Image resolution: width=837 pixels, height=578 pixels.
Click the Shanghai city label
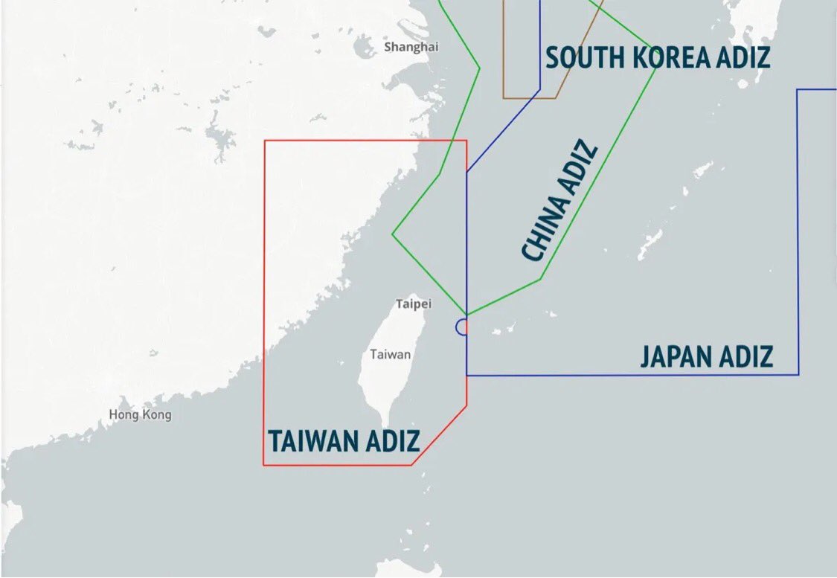[411, 47]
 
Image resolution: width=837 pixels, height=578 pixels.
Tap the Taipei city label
[413, 304]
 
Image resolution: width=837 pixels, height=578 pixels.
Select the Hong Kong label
[140, 414]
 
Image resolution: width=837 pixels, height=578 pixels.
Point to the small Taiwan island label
[391, 354]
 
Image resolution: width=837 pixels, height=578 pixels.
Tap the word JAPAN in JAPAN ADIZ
[676, 356]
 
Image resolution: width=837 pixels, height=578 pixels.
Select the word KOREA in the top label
[670, 57]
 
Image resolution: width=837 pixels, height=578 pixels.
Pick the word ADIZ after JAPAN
[745, 356]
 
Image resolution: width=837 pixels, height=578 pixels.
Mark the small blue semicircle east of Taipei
[461, 327]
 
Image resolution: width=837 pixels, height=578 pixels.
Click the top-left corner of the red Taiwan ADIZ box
[265, 141]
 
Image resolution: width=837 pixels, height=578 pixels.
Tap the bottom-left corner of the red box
[264, 465]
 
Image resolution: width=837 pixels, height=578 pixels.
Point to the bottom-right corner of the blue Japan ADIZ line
[798, 374]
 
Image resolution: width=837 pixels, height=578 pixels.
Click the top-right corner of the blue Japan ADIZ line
[798, 90]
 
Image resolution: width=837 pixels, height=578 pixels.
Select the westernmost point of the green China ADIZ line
[393, 234]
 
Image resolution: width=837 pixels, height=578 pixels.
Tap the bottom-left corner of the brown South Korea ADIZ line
[504, 97]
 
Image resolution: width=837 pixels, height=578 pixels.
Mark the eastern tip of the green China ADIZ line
[655, 71]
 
